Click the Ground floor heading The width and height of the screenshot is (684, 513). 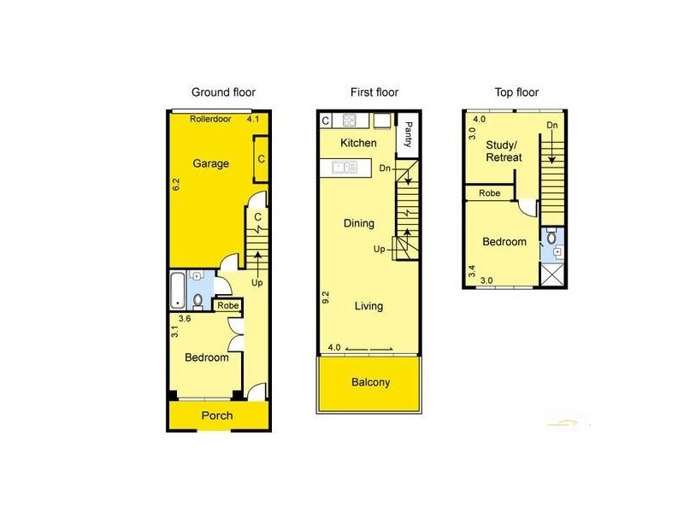pos(223,92)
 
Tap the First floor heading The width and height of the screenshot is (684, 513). pos(374,92)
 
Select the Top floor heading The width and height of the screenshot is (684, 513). pos(517,92)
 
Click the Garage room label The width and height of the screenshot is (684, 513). pos(209,163)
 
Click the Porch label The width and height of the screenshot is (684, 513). pos(216,416)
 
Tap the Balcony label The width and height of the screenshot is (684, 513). pos(370,382)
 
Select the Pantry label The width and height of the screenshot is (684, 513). pos(408,133)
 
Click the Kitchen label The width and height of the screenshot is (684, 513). pos(358,143)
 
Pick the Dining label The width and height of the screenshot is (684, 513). pos(359,224)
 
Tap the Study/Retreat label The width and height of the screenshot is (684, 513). pos(504,151)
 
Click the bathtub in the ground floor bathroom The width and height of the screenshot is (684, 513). pos(177,290)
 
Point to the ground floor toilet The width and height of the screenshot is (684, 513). pos(198,300)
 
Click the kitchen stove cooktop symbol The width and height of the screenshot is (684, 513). pos(350,120)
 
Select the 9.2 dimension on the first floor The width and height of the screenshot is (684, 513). pos(326,298)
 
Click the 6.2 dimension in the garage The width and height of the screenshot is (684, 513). pos(175,183)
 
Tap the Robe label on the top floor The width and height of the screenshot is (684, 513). pos(489,193)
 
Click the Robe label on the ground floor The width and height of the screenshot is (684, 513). pos(227,305)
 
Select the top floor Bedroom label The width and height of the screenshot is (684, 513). pos(504,242)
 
